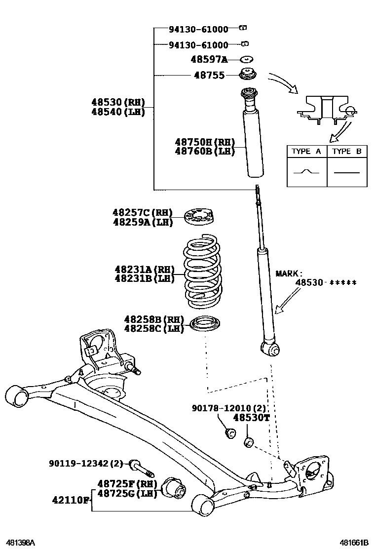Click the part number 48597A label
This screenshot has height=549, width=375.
pos(209,60)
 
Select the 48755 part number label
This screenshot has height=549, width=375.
pos(209,76)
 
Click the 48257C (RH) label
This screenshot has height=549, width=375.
pos(143,213)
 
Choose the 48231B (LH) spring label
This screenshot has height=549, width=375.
pos(145,278)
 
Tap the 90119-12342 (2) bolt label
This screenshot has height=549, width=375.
pos(85,464)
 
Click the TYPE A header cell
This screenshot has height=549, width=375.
pos(306,152)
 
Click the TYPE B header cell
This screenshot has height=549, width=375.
pos(347,152)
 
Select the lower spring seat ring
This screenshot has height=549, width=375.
pos(204,324)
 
